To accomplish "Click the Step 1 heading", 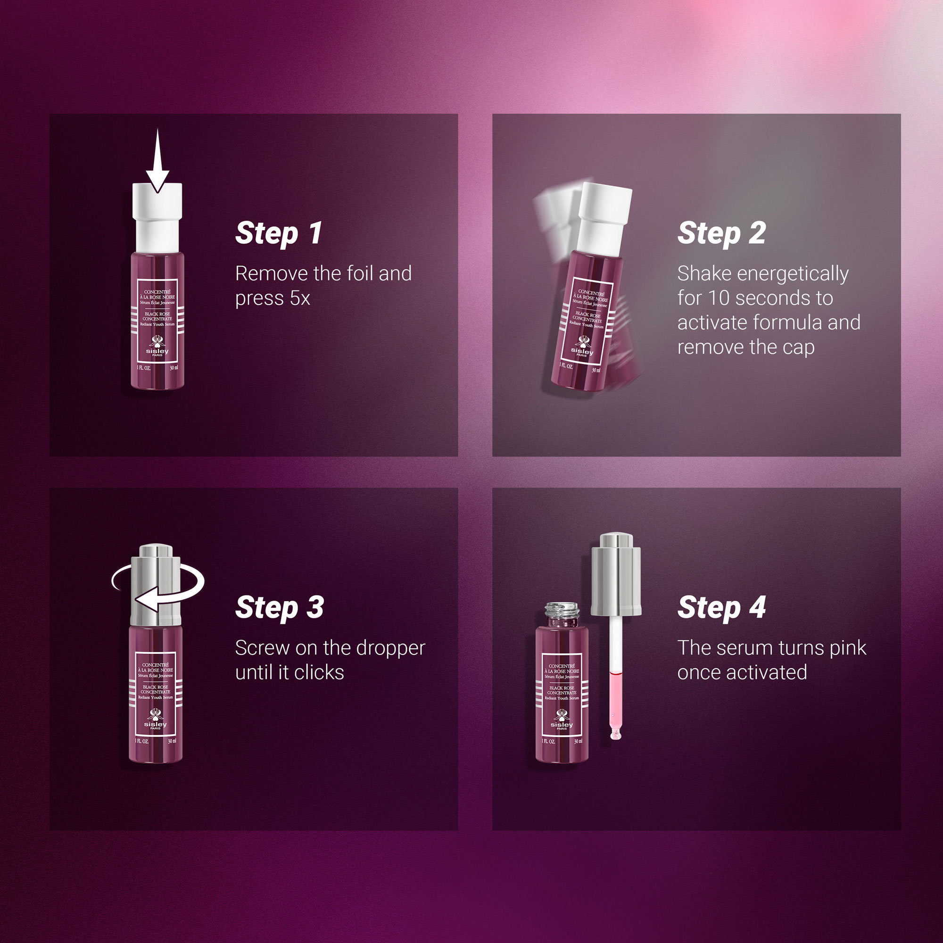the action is pyautogui.click(x=279, y=233).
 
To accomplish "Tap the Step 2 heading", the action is pyautogui.click(x=721, y=233).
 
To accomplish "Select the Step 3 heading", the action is pyautogui.click(x=279, y=608).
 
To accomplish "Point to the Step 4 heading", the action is pyautogui.click(x=721, y=608).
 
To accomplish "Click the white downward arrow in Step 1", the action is pyautogui.click(x=157, y=161).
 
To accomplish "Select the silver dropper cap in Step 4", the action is pyautogui.click(x=616, y=574).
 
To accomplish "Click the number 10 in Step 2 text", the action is pyautogui.click(x=719, y=298).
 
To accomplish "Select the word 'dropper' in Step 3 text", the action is pyautogui.click(x=391, y=649).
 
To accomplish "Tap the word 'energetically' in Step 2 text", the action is pyautogui.click(x=793, y=274).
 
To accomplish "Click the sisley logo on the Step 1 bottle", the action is pyautogui.click(x=157, y=346).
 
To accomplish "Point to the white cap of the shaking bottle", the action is pyautogui.click(x=604, y=218).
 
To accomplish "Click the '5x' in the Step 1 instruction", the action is pyautogui.click(x=300, y=298).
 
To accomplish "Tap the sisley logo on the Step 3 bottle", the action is pyautogui.click(x=155, y=720).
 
